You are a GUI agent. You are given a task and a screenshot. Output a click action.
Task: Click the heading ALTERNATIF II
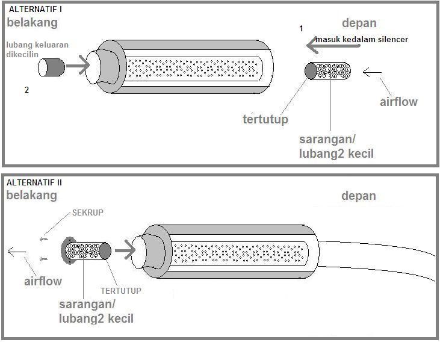(36, 182)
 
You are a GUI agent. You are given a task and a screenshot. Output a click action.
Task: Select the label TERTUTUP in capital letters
(120, 291)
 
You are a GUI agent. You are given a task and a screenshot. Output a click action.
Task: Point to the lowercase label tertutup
(265, 119)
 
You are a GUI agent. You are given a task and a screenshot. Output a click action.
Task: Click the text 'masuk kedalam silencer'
(362, 39)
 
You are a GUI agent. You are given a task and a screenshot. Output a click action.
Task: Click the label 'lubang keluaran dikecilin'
(37, 51)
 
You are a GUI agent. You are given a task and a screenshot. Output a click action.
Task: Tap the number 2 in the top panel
(26, 90)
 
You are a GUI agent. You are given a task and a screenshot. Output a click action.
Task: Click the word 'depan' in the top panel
(359, 23)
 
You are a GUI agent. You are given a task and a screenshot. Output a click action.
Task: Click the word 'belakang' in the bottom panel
(31, 195)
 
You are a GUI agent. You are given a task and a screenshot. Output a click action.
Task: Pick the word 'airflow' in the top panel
(398, 101)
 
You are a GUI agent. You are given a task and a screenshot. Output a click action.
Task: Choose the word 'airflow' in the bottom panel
(43, 281)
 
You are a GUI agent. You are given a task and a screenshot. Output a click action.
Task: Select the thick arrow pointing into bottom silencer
(125, 248)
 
